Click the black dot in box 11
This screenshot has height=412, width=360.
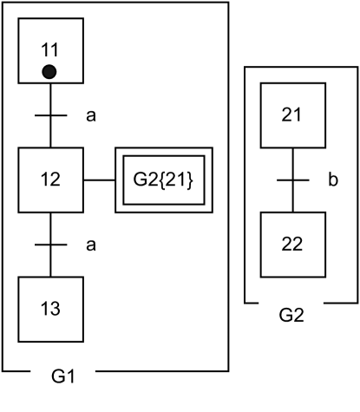(49, 72)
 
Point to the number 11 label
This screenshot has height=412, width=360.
(49, 49)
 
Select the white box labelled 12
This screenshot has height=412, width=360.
(50, 180)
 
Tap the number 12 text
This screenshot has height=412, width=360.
(50, 180)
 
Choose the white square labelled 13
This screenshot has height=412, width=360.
(50, 309)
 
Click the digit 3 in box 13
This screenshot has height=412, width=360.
(56, 309)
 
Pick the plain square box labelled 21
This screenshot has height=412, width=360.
(292, 115)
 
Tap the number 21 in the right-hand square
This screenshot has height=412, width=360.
(292, 115)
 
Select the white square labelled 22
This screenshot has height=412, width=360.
(292, 244)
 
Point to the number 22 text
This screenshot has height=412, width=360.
(292, 244)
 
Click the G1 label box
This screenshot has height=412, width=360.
(62, 377)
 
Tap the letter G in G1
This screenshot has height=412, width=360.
(57, 377)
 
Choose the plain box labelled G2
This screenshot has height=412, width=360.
(292, 315)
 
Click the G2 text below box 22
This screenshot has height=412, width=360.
(292, 315)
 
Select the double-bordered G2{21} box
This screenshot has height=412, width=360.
(164, 180)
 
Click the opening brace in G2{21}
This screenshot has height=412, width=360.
(160, 180)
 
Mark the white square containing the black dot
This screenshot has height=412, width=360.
(50, 50)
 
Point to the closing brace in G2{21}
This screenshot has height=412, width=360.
(191, 180)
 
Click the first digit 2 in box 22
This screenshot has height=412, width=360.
(287, 244)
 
